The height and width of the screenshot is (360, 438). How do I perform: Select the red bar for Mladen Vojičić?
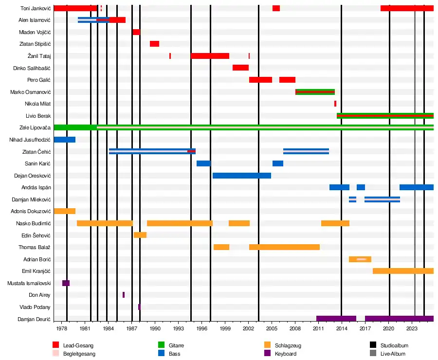click(x=136, y=32)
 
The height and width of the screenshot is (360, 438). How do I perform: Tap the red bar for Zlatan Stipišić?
click(x=154, y=44)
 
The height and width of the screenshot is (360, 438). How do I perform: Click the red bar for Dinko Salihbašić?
click(x=240, y=68)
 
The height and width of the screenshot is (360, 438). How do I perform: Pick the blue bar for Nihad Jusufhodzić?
click(x=64, y=140)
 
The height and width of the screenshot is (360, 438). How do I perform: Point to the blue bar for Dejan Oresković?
click(x=241, y=176)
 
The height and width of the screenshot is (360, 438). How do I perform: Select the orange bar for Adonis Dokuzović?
click(x=64, y=211)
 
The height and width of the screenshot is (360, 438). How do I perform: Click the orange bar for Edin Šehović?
click(x=140, y=235)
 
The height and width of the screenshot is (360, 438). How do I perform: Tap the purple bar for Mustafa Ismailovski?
click(x=66, y=283)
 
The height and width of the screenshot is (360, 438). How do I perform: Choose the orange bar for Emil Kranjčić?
click(x=403, y=271)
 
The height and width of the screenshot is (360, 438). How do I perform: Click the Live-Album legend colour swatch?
click(x=373, y=354)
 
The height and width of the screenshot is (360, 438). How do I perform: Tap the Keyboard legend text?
click(x=285, y=354)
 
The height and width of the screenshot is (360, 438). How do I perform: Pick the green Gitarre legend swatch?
click(x=162, y=345)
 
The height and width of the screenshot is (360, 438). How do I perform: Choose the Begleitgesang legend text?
click(x=79, y=354)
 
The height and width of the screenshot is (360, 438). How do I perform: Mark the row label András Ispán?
click(x=36, y=187)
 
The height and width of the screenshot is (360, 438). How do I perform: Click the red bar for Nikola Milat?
click(x=335, y=104)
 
